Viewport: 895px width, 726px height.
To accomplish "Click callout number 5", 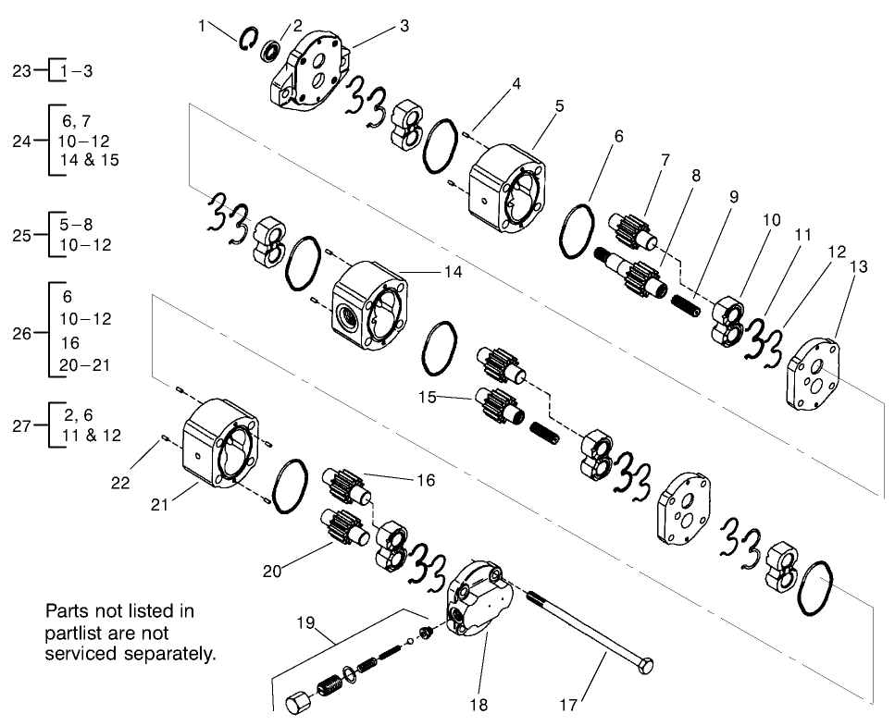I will tap(560, 105).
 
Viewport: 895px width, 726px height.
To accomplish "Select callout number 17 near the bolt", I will tap(567, 705).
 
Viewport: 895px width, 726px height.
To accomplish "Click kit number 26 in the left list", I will tap(23, 330).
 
